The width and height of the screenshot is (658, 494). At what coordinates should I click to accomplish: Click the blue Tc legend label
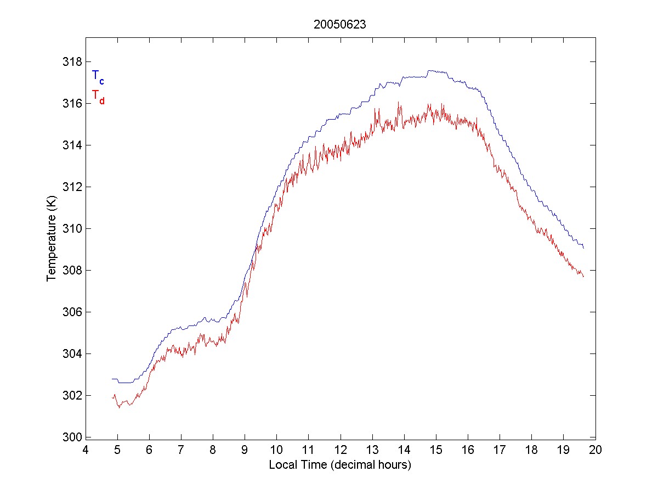tap(98, 76)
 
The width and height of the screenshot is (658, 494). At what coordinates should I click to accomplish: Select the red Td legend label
tap(98, 97)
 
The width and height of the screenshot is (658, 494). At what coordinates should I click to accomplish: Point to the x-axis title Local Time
tap(340, 465)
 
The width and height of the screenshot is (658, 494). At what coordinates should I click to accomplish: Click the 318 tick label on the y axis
tap(71, 61)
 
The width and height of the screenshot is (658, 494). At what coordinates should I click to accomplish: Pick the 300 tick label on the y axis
tap(71, 437)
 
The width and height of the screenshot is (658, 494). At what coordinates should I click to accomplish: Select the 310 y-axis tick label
tap(71, 228)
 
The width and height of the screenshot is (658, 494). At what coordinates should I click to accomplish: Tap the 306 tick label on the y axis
tap(71, 312)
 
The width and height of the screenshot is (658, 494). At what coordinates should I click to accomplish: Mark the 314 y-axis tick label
tap(71, 145)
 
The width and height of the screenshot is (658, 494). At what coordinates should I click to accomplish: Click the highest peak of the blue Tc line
tap(430, 70)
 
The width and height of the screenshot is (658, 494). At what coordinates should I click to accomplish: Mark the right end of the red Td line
tap(583, 277)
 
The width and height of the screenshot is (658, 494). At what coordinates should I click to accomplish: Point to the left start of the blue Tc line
tap(112, 379)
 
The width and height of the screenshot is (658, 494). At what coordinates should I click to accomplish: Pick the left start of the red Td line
tap(112, 396)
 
